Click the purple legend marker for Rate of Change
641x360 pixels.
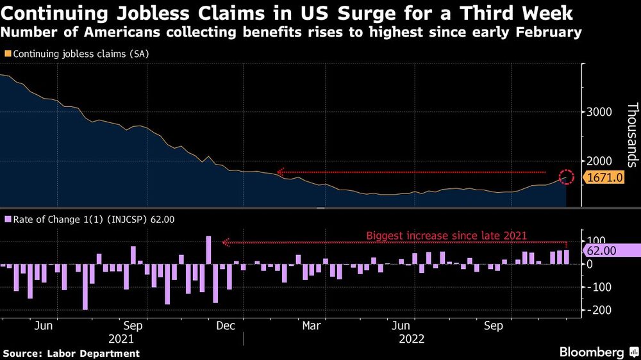point(7,220)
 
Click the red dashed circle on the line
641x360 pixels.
point(566,177)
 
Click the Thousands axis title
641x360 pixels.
point(631,135)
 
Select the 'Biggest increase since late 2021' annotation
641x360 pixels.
point(446,235)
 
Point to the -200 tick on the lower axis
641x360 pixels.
point(596,310)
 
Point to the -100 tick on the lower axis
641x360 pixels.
point(596,287)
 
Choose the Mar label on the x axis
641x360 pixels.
point(311,326)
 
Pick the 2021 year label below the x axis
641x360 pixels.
point(122,339)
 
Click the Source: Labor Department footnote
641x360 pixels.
point(71,353)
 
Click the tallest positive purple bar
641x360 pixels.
point(208,250)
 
